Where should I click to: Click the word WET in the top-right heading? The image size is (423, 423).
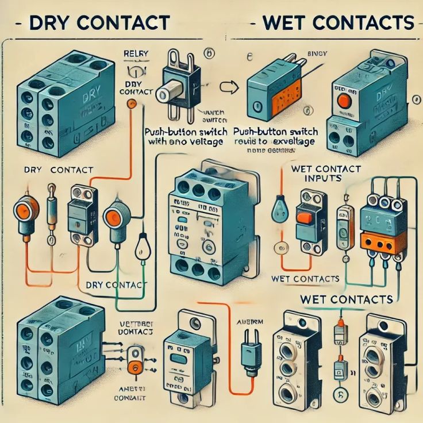(x=284, y=22)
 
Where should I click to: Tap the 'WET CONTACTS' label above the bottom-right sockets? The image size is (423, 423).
(x=347, y=299)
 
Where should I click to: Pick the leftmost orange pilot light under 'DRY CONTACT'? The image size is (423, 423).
(x=25, y=209)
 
